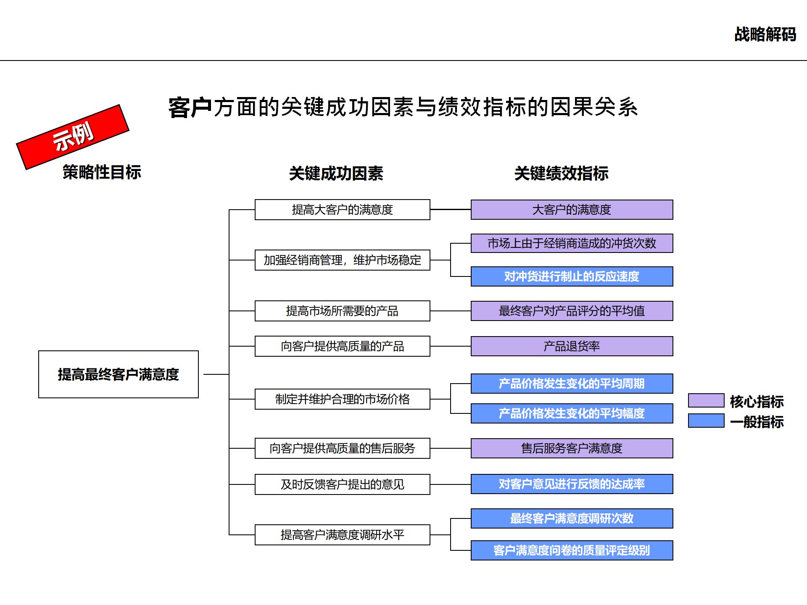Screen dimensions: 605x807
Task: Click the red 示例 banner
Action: (73, 137)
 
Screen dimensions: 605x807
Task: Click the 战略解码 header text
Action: (765, 34)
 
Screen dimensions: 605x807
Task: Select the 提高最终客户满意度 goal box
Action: (118, 374)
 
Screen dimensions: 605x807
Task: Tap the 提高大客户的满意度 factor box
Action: (342, 210)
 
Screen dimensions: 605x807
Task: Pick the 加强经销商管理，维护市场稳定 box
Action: (342, 260)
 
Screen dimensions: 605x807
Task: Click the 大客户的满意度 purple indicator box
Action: (572, 210)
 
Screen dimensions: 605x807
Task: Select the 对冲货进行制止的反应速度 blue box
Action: (572, 276)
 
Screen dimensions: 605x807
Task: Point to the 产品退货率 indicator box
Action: (572, 346)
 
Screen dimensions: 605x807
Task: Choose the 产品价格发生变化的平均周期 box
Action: (572, 384)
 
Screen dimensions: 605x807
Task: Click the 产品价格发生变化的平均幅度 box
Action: (572, 413)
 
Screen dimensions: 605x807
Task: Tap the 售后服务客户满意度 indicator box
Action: (572, 448)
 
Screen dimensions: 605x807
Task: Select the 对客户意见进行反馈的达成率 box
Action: (572, 484)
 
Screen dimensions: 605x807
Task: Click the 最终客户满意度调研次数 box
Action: (572, 518)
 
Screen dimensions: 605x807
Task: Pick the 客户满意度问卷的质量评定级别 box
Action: (572, 550)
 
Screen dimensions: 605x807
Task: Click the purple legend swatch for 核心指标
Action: (706, 400)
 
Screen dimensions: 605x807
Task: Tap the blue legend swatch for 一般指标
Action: (706, 421)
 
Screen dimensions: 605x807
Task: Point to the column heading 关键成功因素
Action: (336, 173)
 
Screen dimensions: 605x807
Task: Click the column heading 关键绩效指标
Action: (561, 173)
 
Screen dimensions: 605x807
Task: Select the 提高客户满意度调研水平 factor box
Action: (342, 535)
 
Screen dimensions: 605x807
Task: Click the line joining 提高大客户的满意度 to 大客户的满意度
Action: (450, 209)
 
